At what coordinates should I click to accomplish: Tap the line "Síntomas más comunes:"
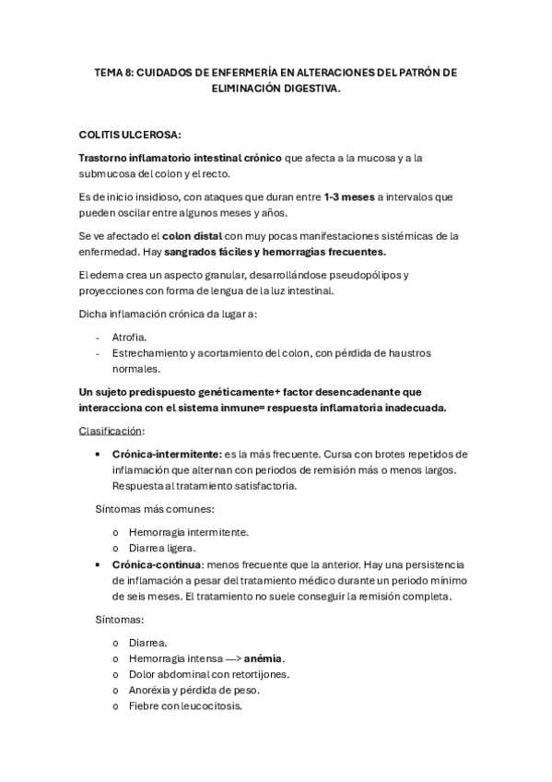(155, 508)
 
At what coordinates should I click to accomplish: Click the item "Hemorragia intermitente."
(189, 531)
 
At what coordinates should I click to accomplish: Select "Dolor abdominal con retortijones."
(209, 674)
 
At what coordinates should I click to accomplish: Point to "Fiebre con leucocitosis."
(186, 705)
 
